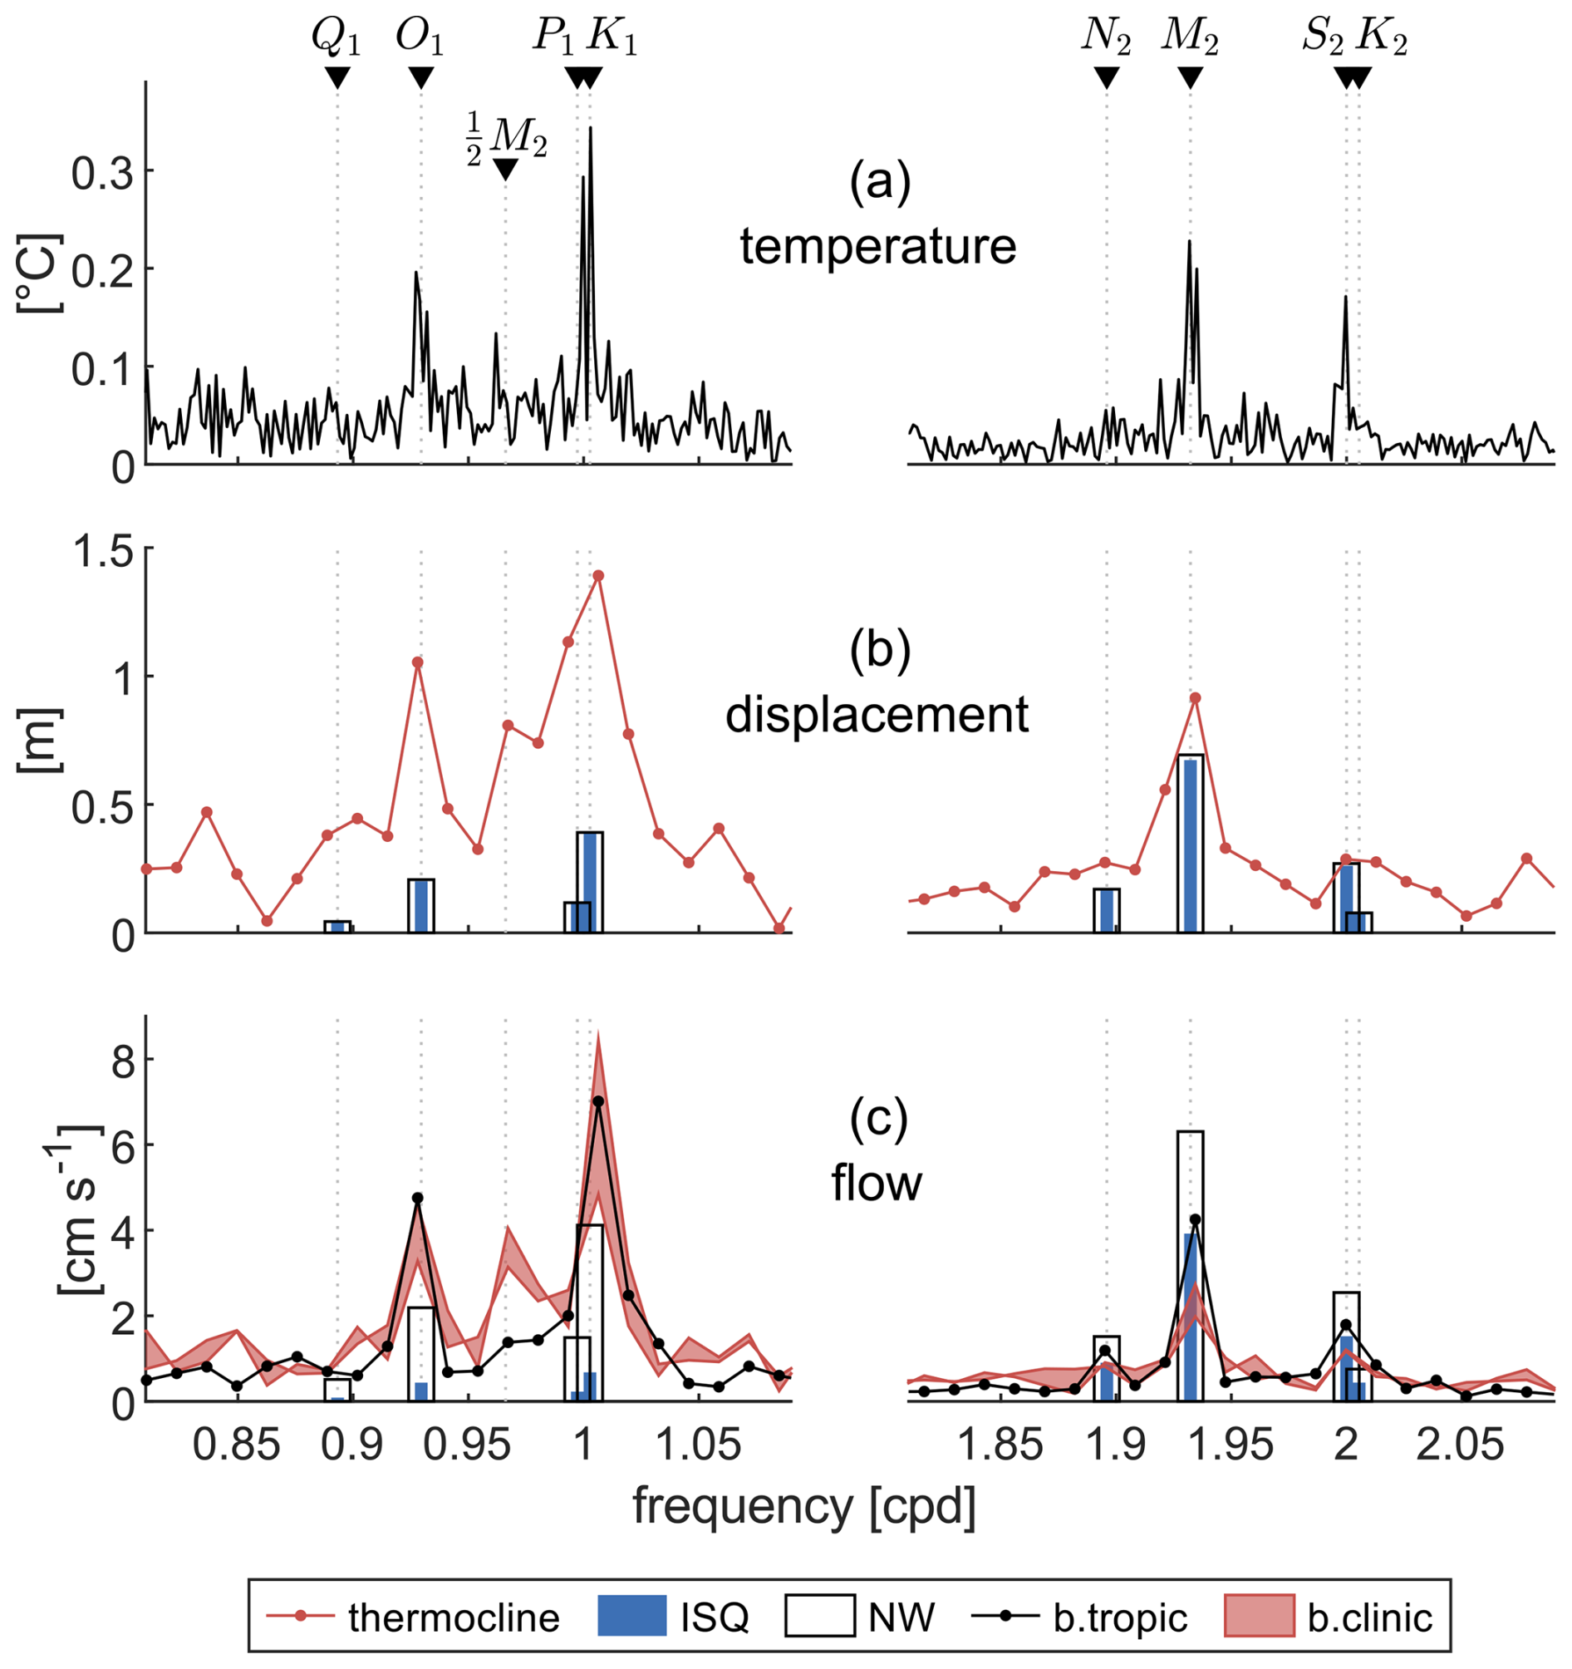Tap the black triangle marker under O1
click(420, 78)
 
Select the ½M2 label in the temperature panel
click(507, 138)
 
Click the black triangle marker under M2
click(1189, 78)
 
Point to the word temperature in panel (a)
click(878, 247)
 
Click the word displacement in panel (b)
click(877, 716)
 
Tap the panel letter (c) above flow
click(879, 1120)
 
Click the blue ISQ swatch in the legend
click(632, 1616)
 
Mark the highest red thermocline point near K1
click(598, 576)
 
